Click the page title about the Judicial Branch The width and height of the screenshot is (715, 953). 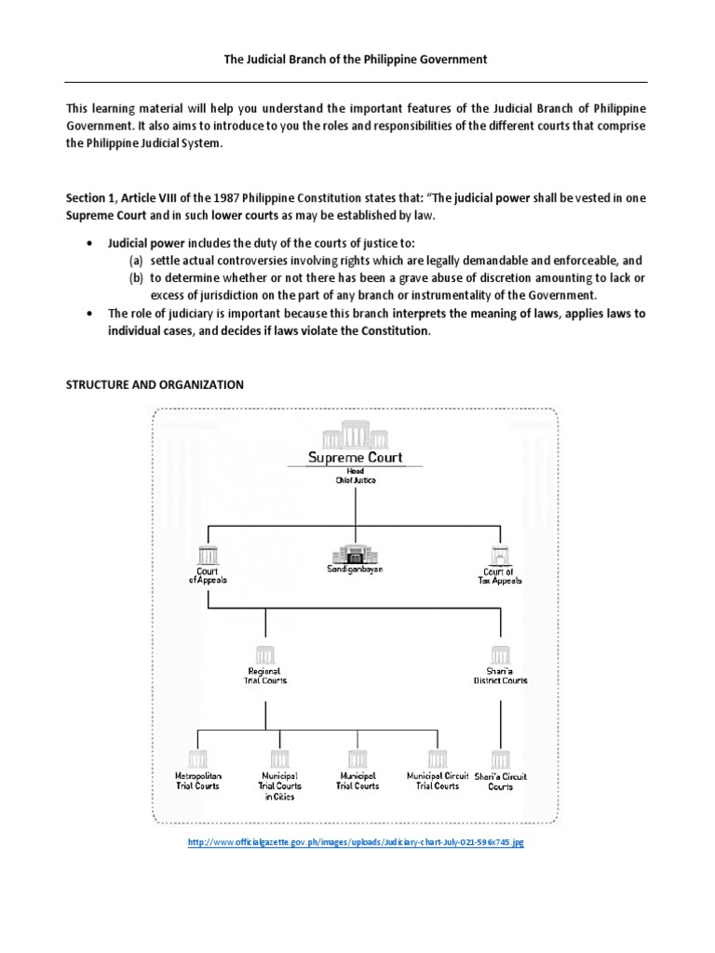[x=357, y=60]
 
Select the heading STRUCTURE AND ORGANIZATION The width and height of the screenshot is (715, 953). [x=155, y=384]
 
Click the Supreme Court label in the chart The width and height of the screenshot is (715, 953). [x=356, y=457]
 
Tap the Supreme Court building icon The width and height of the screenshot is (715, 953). [x=356, y=434]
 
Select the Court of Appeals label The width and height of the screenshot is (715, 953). [x=208, y=575]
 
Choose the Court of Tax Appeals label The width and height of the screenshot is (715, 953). [x=503, y=575]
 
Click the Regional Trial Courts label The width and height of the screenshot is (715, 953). [x=266, y=676]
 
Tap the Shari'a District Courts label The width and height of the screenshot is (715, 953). [x=501, y=676]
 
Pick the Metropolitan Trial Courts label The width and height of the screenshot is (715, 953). [x=198, y=780]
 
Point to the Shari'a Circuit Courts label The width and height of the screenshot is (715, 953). [x=501, y=780]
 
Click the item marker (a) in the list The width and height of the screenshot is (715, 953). [x=136, y=261]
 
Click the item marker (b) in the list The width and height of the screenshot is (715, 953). [x=136, y=278]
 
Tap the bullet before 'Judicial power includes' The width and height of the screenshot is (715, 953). [x=88, y=243]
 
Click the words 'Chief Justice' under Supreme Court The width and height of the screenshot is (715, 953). [x=356, y=480]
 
